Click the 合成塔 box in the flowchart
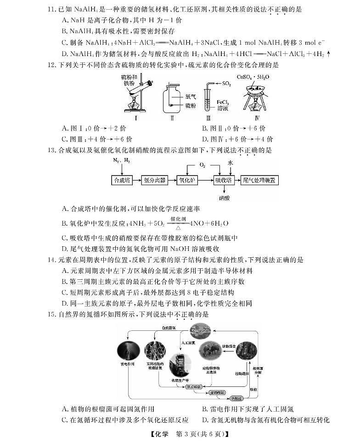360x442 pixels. pos(122,180)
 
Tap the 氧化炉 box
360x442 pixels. pos(186,180)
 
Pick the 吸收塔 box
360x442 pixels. pos(224,180)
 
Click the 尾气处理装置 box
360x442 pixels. pos(259,180)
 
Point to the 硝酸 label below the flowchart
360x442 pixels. pos(224,198)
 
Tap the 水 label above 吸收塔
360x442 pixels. pos(230,163)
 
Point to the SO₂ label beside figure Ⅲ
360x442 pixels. pos(226,84)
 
